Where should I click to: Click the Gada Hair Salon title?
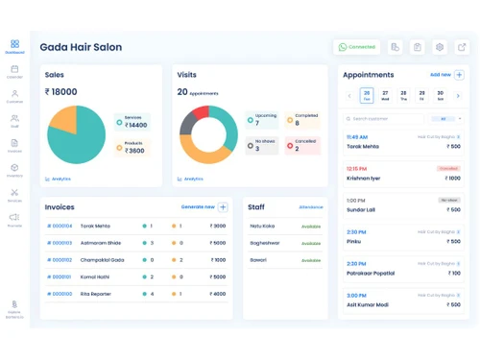[x=81, y=47]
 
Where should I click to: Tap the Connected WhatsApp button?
[x=357, y=47]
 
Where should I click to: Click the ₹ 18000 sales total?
[x=60, y=92]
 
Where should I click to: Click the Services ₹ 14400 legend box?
[x=132, y=122]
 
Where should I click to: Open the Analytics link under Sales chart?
[x=60, y=179]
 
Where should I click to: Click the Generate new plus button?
[x=223, y=206]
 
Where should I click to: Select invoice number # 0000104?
[x=60, y=226]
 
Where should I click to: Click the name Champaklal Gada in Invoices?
[x=103, y=259]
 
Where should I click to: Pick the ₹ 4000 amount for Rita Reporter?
[x=218, y=294]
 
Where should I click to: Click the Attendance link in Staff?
[x=311, y=206]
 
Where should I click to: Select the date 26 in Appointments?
[x=367, y=95]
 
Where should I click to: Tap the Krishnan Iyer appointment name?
[x=363, y=178]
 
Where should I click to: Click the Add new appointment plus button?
[x=459, y=74]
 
